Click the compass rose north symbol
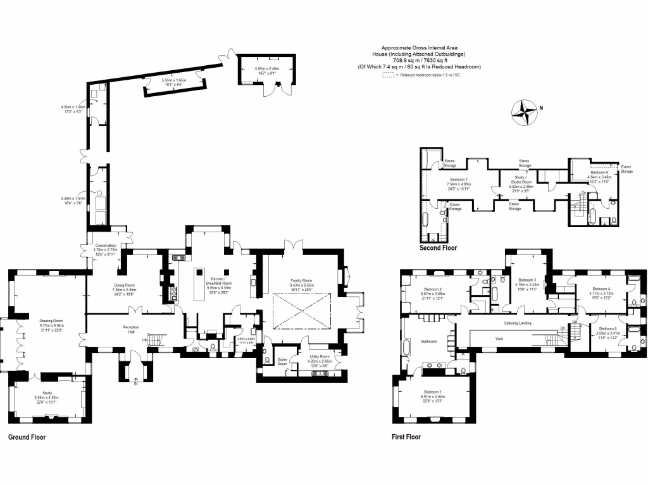point(525,113)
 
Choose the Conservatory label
point(106,245)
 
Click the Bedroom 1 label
point(434,391)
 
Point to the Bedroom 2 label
point(432,289)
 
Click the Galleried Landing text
point(517,323)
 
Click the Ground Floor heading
point(27,437)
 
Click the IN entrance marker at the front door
point(135,383)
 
